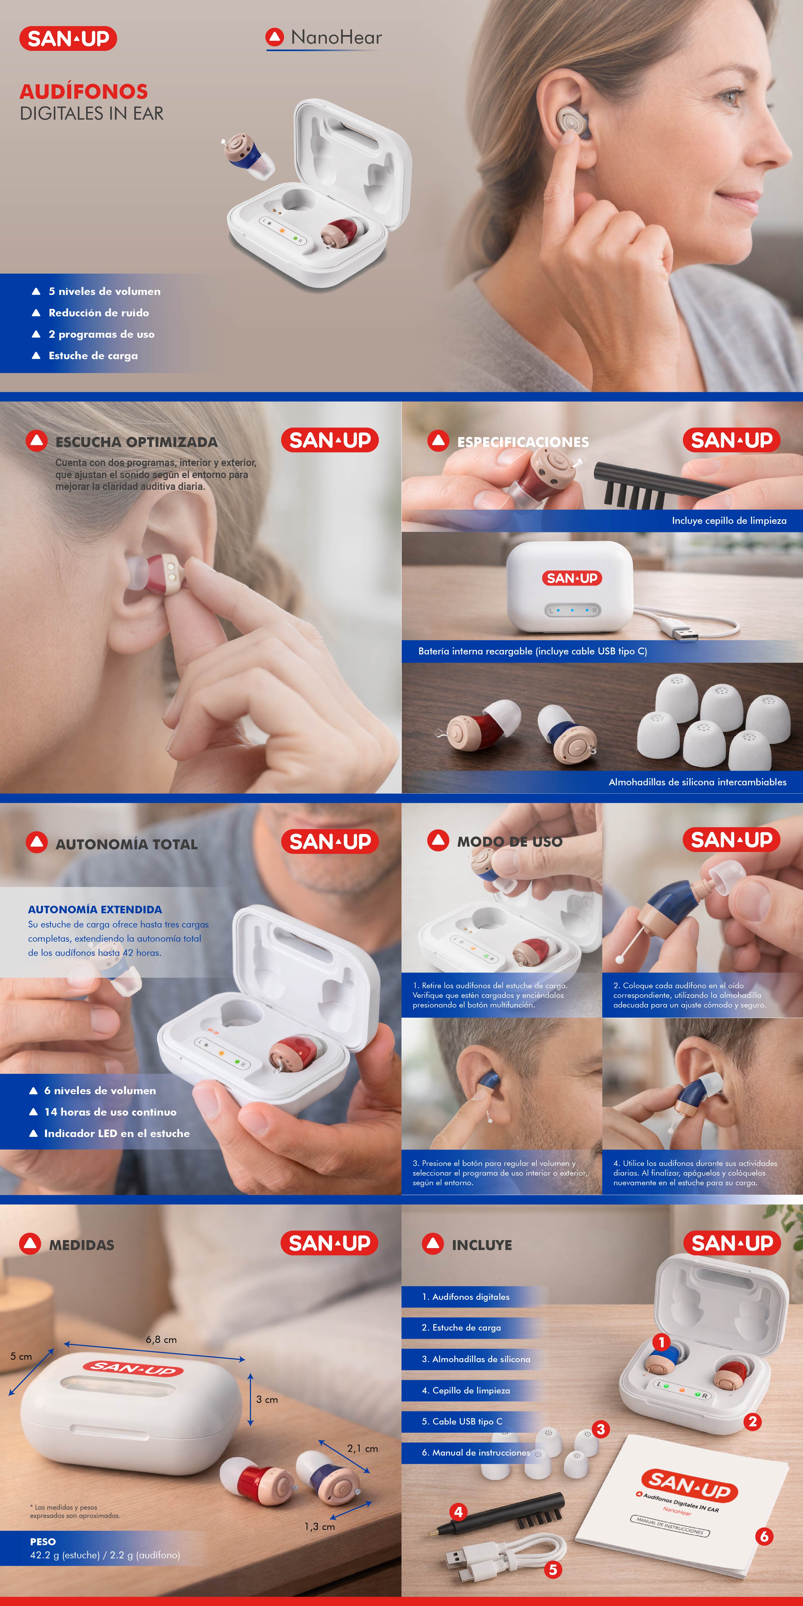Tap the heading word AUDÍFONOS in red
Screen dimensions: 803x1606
coord(84,92)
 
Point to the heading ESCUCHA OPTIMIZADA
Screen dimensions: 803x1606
coord(137,442)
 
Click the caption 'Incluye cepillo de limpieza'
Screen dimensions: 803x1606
coord(729,521)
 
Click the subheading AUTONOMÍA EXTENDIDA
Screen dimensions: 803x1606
coord(95,910)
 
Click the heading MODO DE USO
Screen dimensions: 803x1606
coord(510,842)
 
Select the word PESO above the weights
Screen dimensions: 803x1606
coord(43,1542)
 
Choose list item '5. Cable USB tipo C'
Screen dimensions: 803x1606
coord(462,1422)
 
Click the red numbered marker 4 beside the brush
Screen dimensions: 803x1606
coord(458,1512)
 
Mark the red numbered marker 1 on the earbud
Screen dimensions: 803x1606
coord(661,1342)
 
